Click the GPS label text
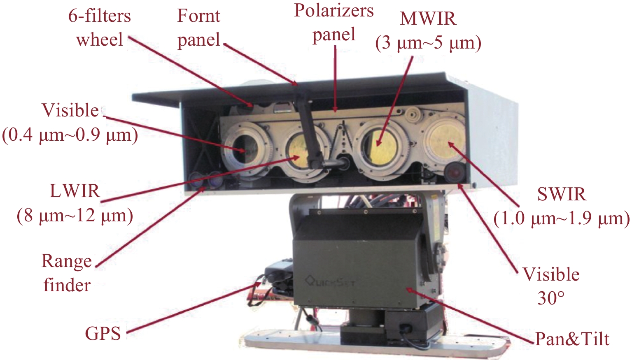[103, 334]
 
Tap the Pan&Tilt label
[572, 338]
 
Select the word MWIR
[428, 19]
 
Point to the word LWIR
[75, 191]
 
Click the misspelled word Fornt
[198, 16]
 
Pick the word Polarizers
[334, 11]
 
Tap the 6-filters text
[100, 16]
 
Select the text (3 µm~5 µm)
[428, 43]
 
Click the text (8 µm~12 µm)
[75, 216]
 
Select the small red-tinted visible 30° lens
[454, 172]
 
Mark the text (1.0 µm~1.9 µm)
[562, 219]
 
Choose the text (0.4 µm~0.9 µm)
[70, 135]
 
